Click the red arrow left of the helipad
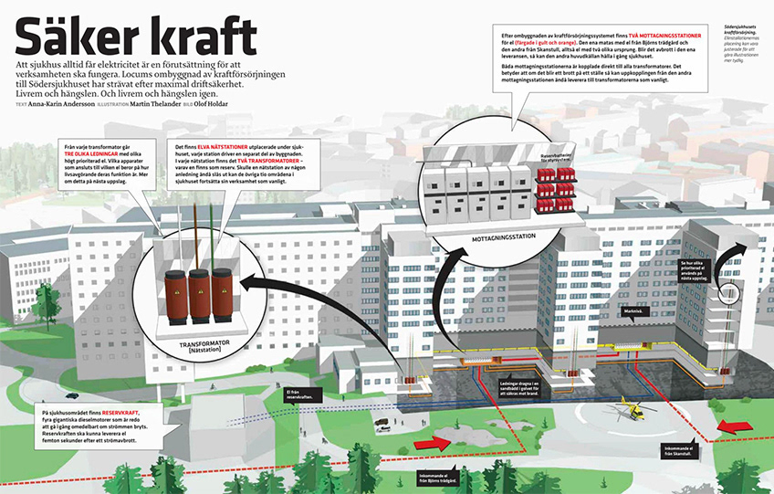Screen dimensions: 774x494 pyautogui.click(x=434, y=443)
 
